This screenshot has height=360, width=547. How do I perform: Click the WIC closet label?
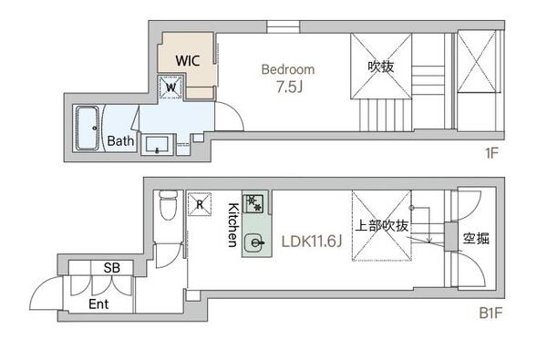pyautogui.click(x=188, y=61)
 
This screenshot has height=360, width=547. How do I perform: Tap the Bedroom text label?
pyautogui.click(x=288, y=69)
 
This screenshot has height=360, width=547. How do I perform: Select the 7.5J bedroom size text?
pyautogui.click(x=289, y=87)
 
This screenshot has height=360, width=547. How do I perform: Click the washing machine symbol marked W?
pyautogui.click(x=170, y=87)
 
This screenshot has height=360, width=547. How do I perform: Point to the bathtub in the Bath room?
pyautogui.click(x=88, y=129)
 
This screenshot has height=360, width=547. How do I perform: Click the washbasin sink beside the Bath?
pyautogui.click(x=158, y=144)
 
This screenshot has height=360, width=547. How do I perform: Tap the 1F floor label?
pyautogui.click(x=491, y=153)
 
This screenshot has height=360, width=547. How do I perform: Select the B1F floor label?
pyautogui.click(x=490, y=314)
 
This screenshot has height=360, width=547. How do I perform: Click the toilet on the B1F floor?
pyautogui.click(x=168, y=205)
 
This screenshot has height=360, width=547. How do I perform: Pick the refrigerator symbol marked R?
pyautogui.click(x=200, y=204)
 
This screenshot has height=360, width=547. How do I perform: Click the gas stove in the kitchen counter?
pyautogui.click(x=253, y=202)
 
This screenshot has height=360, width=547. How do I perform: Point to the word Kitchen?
pyautogui.click(x=232, y=225)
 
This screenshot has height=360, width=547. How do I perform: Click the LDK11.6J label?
pyautogui.click(x=312, y=241)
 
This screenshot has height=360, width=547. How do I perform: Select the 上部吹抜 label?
pyautogui.click(x=382, y=226)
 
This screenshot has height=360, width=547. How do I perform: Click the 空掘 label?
pyautogui.click(x=476, y=239)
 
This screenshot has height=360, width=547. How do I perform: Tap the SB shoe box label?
pyautogui.click(x=111, y=268)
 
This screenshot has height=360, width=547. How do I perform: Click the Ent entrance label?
pyautogui.click(x=98, y=304)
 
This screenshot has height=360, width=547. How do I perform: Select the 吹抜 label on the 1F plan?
pyautogui.click(x=381, y=67)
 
